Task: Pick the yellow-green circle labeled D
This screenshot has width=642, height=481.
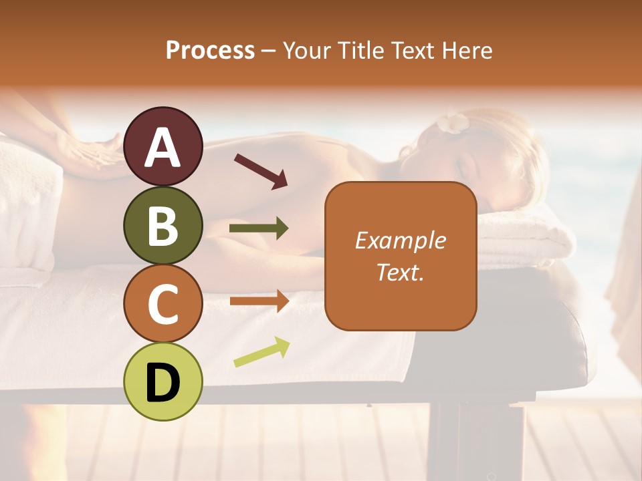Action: [163, 381]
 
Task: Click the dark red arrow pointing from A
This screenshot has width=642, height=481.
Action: [260, 171]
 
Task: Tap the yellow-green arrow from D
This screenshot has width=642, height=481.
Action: [261, 352]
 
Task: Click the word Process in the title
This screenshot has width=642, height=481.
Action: [210, 50]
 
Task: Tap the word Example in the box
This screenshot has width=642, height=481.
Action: [400, 240]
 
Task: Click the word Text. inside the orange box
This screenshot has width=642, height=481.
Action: [400, 272]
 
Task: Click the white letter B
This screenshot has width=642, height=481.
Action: [163, 225]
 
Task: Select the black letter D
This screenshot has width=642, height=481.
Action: [163, 382]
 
